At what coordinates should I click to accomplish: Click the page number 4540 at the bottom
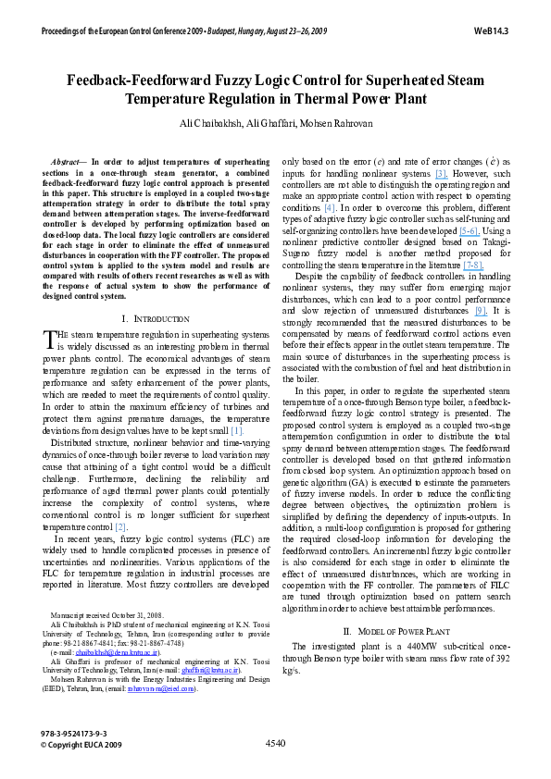pyautogui.click(x=275, y=742)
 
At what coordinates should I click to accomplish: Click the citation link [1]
pyautogui.click(x=237, y=430)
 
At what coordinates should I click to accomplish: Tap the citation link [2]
pyautogui.click(x=120, y=526)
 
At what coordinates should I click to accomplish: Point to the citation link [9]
pyautogui.click(x=480, y=310)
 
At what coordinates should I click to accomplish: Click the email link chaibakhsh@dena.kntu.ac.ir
pyautogui.click(x=99, y=652)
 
